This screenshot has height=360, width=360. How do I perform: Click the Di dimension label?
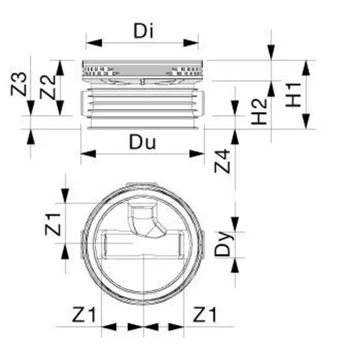142,30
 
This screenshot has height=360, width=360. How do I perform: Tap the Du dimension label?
143,142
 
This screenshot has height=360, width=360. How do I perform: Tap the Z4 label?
223,162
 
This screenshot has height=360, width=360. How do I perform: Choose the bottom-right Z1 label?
205,313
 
